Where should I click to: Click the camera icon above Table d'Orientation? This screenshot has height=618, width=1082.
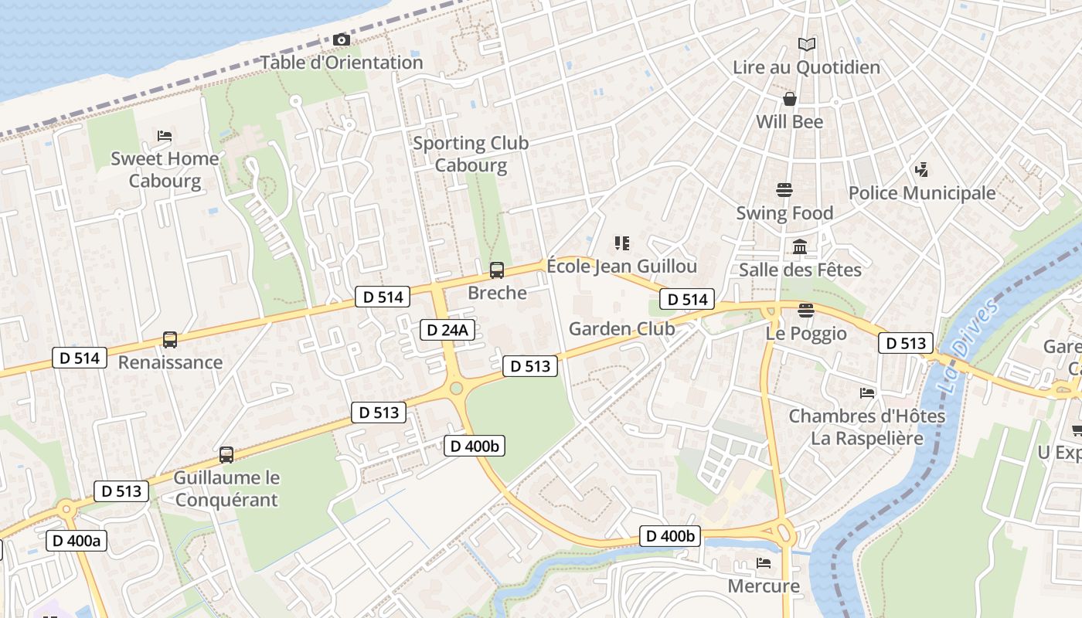[341, 39]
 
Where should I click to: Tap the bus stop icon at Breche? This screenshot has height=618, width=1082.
[497, 270]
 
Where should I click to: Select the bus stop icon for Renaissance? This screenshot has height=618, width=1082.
[170, 340]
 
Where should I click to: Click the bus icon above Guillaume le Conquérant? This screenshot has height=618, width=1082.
[226, 455]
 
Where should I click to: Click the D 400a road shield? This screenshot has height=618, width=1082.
[76, 541]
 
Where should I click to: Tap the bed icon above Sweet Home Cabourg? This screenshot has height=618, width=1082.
[165, 136]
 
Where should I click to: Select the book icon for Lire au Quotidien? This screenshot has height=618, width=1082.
[806, 45]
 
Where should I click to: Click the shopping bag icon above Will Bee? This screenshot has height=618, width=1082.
[789, 99]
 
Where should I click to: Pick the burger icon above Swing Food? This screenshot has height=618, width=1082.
[784, 190]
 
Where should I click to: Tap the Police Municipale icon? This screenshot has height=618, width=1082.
[921, 170]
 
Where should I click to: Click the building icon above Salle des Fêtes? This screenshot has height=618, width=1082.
[800, 247]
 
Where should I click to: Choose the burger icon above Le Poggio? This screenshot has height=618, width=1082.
[806, 311]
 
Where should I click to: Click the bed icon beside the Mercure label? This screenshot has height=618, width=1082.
[764, 563]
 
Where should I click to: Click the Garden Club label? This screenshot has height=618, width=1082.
[621, 329]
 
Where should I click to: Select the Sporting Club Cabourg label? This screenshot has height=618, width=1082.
[471, 154]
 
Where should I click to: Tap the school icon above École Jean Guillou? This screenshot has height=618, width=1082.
[621, 244]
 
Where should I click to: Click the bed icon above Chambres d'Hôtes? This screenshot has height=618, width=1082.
[867, 393]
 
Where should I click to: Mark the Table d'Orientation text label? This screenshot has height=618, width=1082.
[341, 63]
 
